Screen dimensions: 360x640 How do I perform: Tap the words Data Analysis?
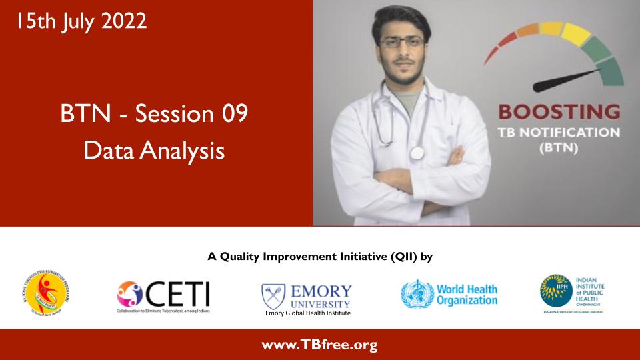pyautogui.click(x=154, y=150)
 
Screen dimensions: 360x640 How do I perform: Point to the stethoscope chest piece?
pyautogui.click(x=417, y=153)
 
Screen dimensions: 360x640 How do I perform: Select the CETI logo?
pyautogui.click(x=163, y=293)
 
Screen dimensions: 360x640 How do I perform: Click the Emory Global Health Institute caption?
pyautogui.click(x=307, y=313)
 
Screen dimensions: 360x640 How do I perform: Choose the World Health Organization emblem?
pyautogui.click(x=417, y=293)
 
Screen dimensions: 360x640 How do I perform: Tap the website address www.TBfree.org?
pyautogui.click(x=319, y=345)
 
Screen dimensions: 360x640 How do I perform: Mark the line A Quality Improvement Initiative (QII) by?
pyautogui.click(x=320, y=255)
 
